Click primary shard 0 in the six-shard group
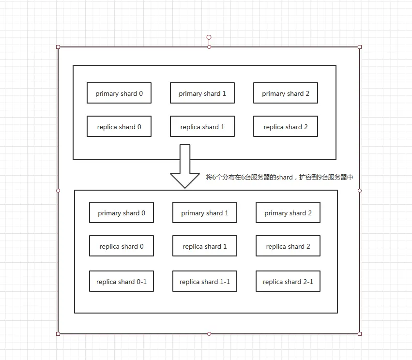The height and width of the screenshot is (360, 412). coord(119,93)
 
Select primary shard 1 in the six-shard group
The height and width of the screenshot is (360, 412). coord(202,93)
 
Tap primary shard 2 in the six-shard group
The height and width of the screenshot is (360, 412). coord(286,93)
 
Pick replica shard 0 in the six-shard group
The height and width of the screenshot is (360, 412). coord(119,126)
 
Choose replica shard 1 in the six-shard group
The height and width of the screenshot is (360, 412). coord(202,126)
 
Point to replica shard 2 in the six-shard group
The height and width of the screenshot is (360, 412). coord(286,126)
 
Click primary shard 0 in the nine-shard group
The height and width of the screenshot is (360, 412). coord(122,212)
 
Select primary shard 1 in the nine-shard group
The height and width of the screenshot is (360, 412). coord(205,212)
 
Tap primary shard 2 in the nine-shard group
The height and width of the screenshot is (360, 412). coord(288,212)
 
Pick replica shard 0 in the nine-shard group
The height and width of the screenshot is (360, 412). coord(122,246)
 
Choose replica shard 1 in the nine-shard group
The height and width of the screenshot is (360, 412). coord(205,246)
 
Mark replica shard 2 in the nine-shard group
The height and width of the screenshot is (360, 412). coord(288,246)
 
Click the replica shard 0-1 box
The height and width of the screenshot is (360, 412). coord(122,281)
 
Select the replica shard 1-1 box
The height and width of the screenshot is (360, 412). coord(205,281)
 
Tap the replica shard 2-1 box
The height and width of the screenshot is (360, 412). coord(288,281)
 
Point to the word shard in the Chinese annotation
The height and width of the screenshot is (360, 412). coord(284,178)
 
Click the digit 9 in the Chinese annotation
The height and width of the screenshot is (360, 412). coord(320,178)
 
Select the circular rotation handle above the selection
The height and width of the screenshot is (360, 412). coord(209,37)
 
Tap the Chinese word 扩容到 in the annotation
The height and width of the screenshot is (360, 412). coord(308,178)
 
